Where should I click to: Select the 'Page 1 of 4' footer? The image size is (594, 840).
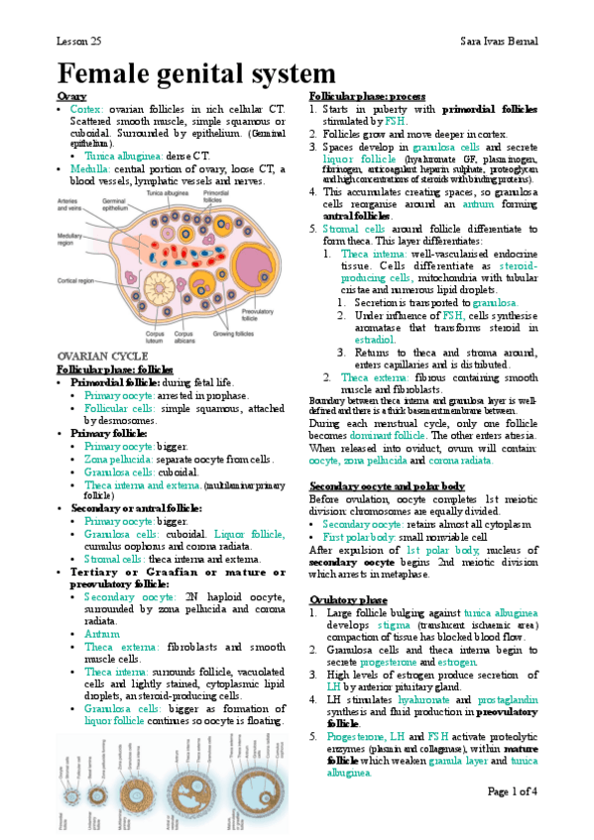pos(512,790)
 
